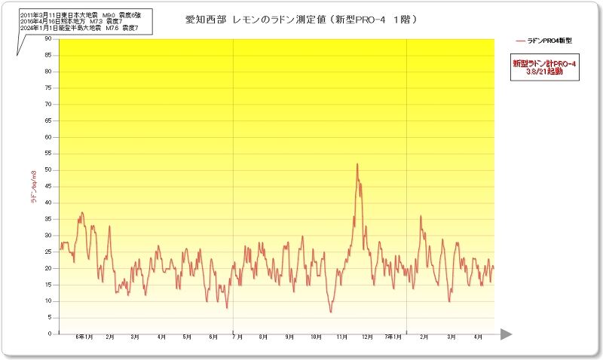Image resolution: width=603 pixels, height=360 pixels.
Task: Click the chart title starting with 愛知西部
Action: coord(301,18)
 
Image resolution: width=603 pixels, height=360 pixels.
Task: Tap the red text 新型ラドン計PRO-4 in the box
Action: coord(543,65)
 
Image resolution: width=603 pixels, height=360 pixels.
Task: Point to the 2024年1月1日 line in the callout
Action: coord(79,28)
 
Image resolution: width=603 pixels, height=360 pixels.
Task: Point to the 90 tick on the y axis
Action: coord(48,38)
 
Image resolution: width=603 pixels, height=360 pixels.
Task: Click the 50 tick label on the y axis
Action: coord(48,169)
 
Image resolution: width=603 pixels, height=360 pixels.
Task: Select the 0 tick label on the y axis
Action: coord(50,334)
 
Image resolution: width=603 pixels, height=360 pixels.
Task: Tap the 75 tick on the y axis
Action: coord(48,87)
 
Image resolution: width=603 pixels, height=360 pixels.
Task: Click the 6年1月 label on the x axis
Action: coord(84,337)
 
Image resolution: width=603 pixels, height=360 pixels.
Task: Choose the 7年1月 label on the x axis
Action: coord(393,337)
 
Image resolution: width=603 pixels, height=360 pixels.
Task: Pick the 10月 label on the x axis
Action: coord(317,337)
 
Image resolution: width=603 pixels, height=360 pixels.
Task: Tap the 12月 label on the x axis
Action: coord(368,337)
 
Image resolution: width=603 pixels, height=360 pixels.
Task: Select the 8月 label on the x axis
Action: coord(263,337)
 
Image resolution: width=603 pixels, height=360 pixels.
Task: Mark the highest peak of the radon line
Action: coord(357,164)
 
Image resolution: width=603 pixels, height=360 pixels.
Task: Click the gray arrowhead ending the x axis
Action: coord(506,334)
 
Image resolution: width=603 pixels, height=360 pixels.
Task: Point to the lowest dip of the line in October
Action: coord(330,312)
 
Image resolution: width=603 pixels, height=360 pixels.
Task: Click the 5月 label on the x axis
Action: coord(186,337)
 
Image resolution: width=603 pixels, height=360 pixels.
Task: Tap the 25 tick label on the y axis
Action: coord(48,252)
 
